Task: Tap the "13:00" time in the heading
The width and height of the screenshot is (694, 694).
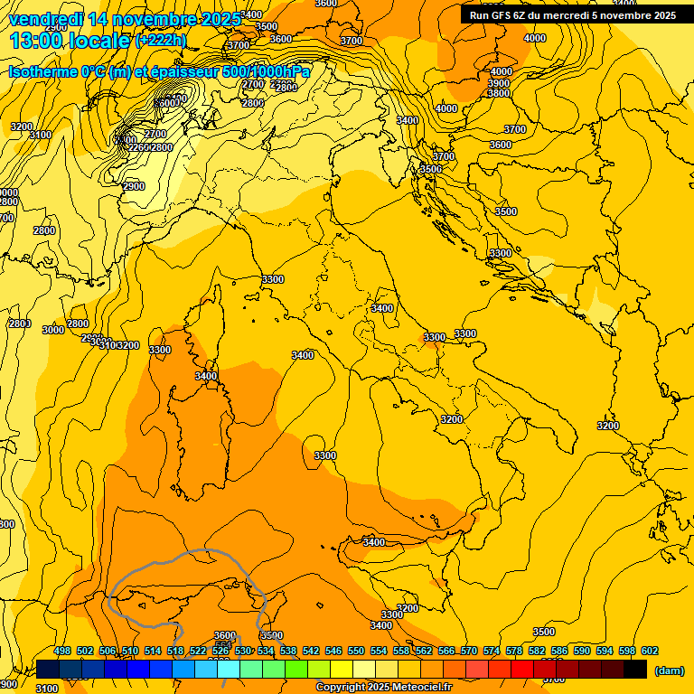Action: pyautogui.click(x=34, y=41)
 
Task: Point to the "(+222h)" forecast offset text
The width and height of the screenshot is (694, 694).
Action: pyautogui.click(x=160, y=41)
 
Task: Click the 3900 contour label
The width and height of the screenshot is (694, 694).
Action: pyautogui.click(x=499, y=83)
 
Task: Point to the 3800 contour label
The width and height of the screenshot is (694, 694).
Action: pyautogui.click(x=499, y=94)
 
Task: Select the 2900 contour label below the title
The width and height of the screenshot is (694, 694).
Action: pyautogui.click(x=134, y=186)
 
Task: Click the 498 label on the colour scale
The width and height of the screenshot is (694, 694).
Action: pyautogui.click(x=62, y=652)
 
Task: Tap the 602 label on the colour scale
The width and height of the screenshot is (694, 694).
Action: pyautogui.click(x=649, y=652)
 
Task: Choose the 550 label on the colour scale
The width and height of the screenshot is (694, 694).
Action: pyautogui.click(x=356, y=652)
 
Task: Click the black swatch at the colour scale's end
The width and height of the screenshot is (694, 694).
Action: pyautogui.click(x=635, y=669)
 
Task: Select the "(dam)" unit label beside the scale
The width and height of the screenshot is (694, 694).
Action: pyautogui.click(x=669, y=671)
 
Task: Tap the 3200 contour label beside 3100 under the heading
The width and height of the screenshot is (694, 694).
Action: pyautogui.click(x=22, y=127)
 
